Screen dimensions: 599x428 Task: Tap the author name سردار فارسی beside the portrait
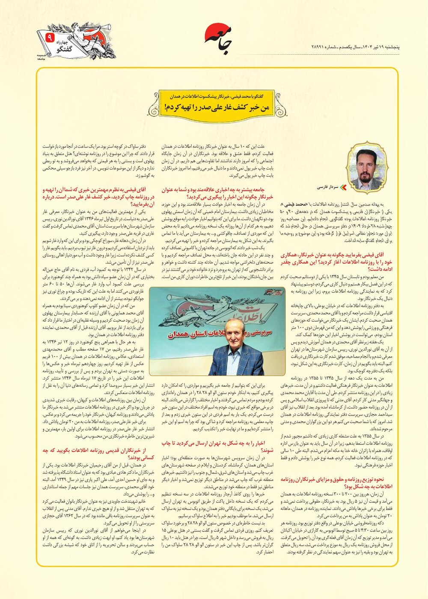(327, 187)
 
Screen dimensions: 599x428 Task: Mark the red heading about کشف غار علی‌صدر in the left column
(94, 196)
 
